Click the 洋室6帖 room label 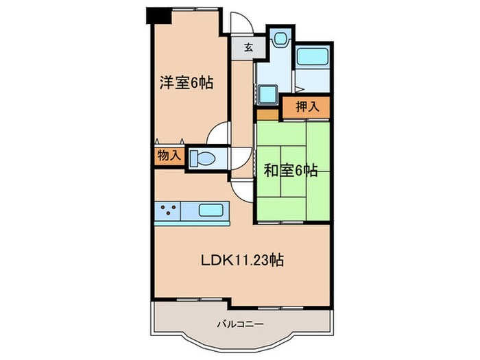click(x=187, y=84)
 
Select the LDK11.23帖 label click(x=243, y=260)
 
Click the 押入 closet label click(x=306, y=107)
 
